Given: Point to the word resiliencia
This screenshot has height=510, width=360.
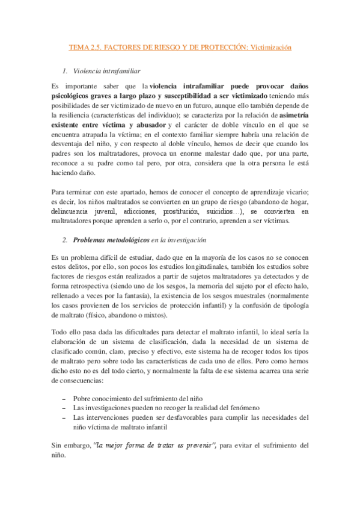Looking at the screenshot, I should pyautogui.click(x=70, y=112).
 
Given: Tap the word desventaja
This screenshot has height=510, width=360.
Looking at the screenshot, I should pyautogui.click(x=71, y=145).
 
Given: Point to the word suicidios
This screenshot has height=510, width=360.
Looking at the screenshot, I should pyautogui.click(x=218, y=212).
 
